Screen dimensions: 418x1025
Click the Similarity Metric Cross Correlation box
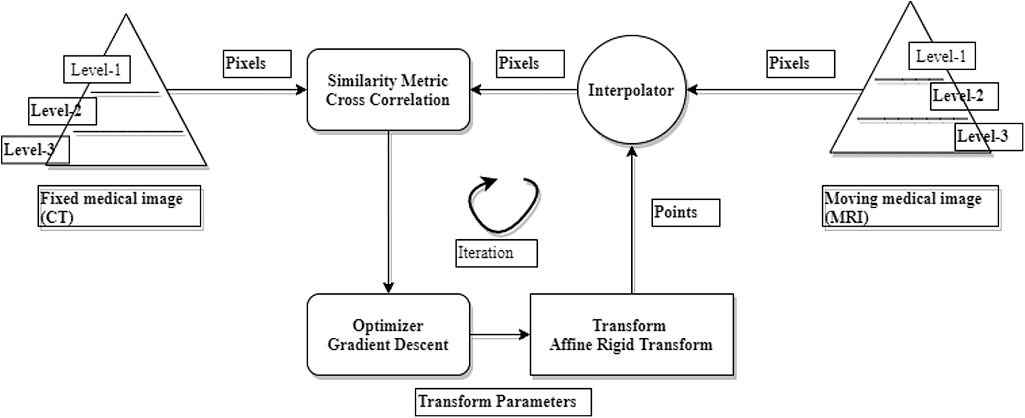(388, 90)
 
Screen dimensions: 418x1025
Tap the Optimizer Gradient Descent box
(388, 335)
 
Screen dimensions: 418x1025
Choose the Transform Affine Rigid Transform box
(631, 335)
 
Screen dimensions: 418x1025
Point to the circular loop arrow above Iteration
(503, 205)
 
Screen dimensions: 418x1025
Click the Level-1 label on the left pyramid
(96, 70)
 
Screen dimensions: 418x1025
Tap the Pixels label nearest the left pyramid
(257, 63)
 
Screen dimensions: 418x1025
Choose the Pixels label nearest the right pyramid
(800, 63)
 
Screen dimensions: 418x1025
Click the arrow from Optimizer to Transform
(500, 335)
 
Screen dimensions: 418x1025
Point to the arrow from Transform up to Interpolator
(632, 220)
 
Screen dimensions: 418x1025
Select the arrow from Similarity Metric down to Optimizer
(389, 210)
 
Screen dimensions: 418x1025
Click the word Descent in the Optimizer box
(422, 345)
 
